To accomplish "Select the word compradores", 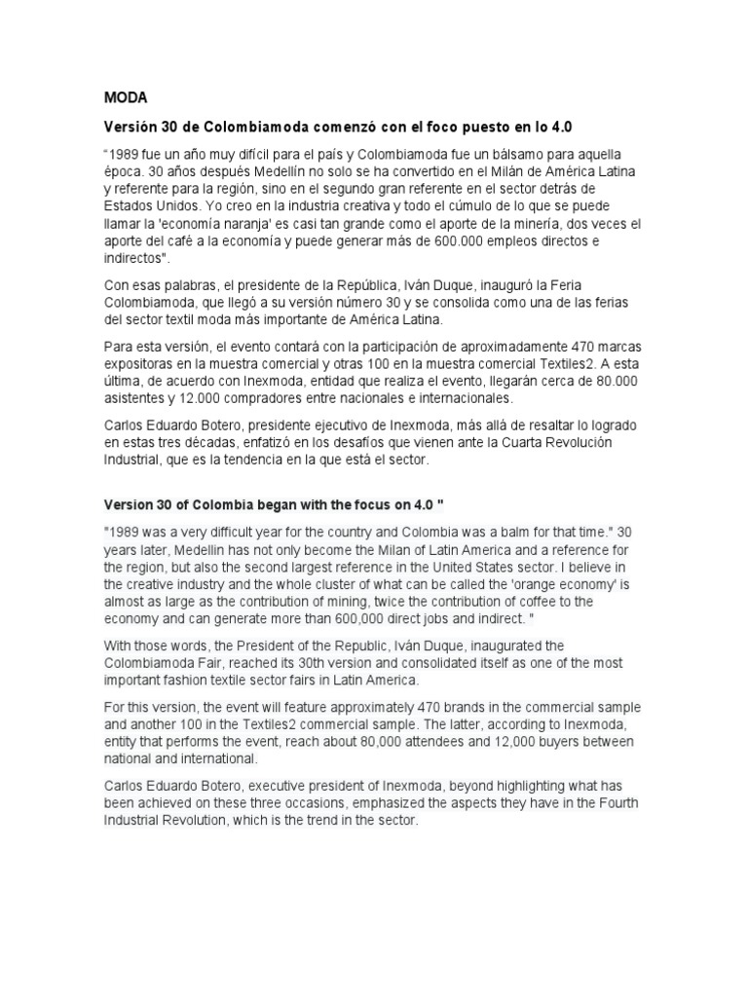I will (260, 398).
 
